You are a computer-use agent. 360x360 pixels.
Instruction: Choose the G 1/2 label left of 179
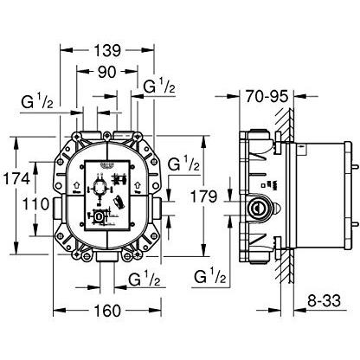pyautogui.click(x=184, y=163)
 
